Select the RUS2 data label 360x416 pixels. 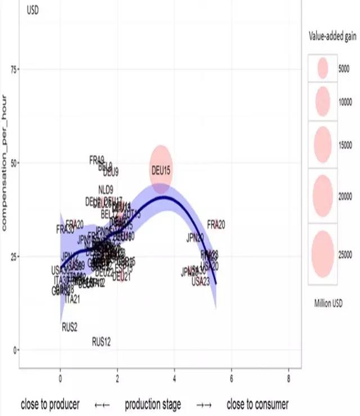point(70,326)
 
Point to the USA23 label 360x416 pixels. point(200,281)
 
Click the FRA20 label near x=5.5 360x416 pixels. point(216,224)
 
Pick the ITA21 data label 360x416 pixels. point(73,299)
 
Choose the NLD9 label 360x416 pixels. point(106,189)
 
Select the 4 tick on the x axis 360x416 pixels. point(175,378)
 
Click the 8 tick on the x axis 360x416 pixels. point(289,378)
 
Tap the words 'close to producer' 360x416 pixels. point(50,404)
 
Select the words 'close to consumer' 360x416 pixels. point(258,404)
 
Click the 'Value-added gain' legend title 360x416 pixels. point(332,37)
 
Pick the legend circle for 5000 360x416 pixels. point(322,69)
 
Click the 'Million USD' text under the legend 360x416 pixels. point(328,303)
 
